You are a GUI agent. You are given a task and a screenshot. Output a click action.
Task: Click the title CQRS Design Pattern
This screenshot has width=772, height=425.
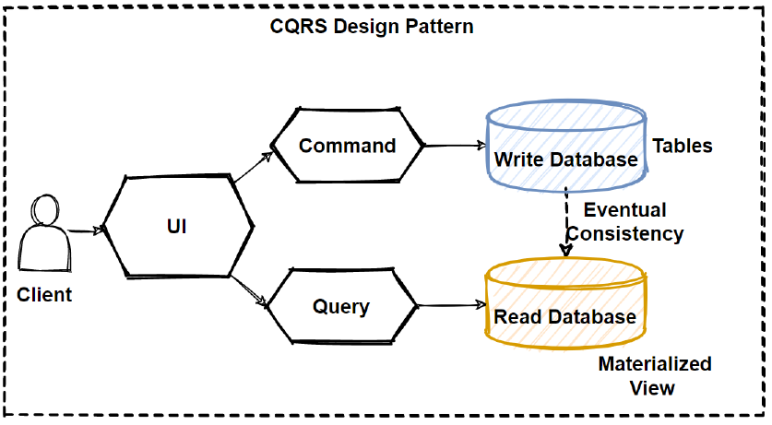371,26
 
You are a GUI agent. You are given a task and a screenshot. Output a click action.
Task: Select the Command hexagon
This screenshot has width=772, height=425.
347,146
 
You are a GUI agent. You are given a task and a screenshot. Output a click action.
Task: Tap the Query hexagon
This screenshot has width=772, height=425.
340,307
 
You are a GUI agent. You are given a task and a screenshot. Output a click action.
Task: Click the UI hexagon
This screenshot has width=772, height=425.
177,225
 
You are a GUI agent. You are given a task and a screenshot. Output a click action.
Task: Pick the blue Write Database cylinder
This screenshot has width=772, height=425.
565,148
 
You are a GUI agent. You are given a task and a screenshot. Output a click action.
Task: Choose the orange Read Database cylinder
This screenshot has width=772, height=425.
565,305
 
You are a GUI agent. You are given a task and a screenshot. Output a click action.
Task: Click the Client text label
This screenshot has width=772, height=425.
44,295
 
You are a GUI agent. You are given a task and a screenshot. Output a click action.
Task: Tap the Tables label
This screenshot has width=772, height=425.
683,146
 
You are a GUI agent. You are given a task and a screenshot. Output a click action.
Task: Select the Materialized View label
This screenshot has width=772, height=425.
654,374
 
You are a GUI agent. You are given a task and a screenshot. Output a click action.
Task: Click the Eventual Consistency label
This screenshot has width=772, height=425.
624,222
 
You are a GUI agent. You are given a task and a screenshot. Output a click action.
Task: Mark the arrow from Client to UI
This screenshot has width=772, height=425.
85,231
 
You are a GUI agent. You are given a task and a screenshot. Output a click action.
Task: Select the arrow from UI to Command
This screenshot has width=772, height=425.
252,167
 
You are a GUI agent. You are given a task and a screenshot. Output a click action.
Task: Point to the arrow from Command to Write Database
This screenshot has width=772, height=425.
454,146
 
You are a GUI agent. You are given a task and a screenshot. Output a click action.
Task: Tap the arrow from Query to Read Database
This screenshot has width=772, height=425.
452,304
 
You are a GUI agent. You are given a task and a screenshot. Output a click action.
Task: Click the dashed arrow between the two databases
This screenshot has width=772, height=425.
564,221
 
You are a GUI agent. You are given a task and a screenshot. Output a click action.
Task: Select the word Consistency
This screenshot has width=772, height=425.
624,234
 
